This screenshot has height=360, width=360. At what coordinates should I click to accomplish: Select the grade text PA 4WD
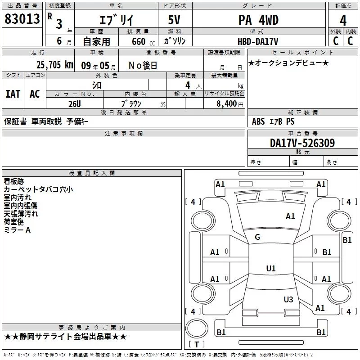tap(258, 20)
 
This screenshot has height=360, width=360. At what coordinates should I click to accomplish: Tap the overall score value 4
tap(343, 21)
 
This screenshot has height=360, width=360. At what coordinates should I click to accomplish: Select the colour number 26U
tap(74, 103)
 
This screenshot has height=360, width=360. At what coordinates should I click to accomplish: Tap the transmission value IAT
tap(13, 94)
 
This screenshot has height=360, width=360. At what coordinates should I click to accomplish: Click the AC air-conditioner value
tap(35, 94)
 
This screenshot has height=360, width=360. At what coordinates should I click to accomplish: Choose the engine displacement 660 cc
tap(138, 41)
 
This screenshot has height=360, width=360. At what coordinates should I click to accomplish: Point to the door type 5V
tap(175, 20)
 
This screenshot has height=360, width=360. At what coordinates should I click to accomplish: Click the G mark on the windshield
tap(257, 237)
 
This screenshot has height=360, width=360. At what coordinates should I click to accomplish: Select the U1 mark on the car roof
tap(270, 269)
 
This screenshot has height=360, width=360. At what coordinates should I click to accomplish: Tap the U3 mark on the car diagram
tap(288, 299)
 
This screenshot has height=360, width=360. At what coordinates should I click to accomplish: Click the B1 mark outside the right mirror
tap(347, 240)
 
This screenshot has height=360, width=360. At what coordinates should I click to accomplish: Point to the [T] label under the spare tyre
tap(196, 345)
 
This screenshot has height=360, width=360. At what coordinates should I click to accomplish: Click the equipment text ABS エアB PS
tap(274, 121)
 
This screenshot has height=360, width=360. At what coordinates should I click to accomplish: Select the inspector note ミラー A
tap(17, 230)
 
